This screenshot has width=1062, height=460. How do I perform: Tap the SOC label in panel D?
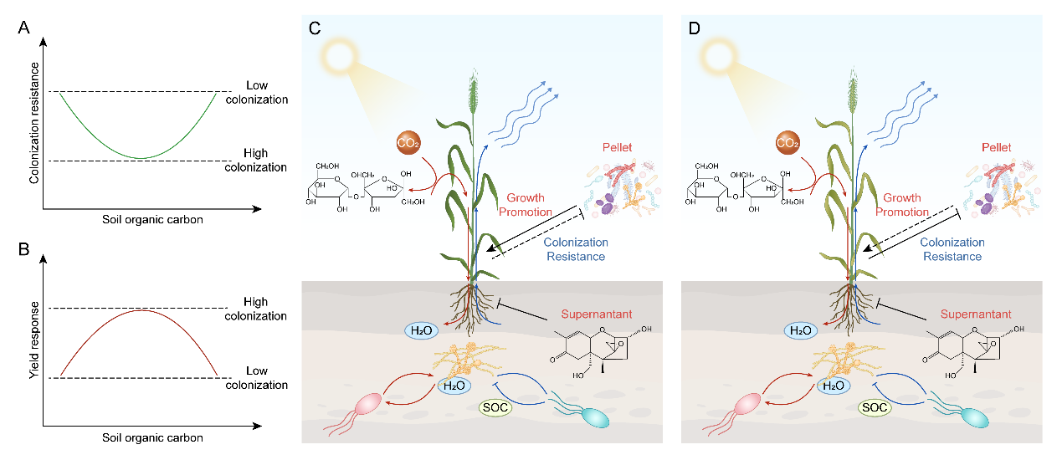[x=875, y=408]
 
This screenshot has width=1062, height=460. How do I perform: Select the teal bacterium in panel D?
[x=974, y=416]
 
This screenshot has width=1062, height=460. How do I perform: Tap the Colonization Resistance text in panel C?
[x=576, y=249]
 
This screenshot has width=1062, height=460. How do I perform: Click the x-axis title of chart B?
[x=152, y=437]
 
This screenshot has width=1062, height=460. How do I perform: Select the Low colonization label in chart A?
[x=256, y=92]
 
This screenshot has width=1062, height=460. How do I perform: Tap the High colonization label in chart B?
[x=256, y=309]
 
